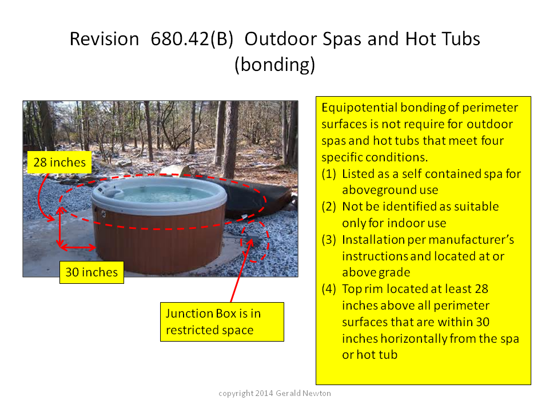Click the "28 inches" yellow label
[59, 162]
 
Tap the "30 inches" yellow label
[91, 272]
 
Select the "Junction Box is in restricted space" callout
[222, 322]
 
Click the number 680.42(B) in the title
[192, 38]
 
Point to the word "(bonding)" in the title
[275, 65]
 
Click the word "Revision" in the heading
[104, 38]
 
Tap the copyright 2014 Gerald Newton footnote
[274, 393]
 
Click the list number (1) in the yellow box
[328, 174]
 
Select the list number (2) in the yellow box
[328, 207]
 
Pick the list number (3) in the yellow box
[328, 240]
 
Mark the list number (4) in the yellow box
[328, 289]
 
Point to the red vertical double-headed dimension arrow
[60, 227]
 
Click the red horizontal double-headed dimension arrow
[78, 247]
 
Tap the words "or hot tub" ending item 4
[370, 355]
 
